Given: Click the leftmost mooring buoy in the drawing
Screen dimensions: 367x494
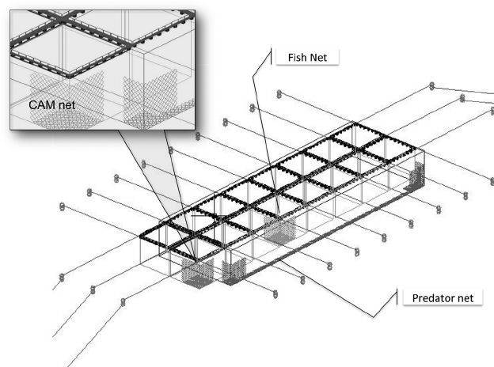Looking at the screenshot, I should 62,208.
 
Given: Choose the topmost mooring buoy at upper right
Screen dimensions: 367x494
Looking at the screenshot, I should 431,85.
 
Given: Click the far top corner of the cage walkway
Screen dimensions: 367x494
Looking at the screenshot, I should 346,125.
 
